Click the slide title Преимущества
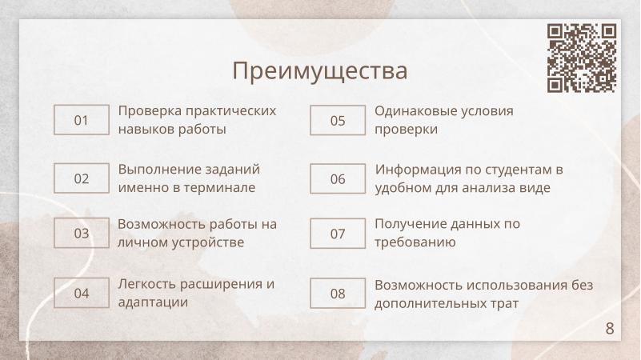(320, 70)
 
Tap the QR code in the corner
(582, 58)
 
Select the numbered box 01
(81, 121)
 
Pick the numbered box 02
(81, 178)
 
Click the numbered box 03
(81, 234)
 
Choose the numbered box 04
(81, 293)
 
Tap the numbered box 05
(338, 121)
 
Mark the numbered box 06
(338, 178)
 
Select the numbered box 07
(338, 234)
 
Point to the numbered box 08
(338, 293)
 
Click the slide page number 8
(610, 329)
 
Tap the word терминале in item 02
(222, 188)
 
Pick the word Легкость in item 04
(146, 284)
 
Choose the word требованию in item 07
(415, 242)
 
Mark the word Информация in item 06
(415, 170)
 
